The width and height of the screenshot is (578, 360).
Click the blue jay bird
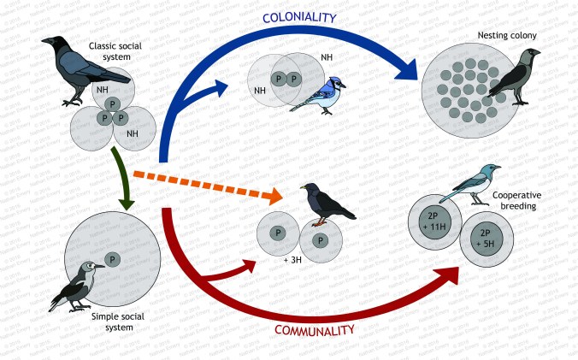tap(318, 90)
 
